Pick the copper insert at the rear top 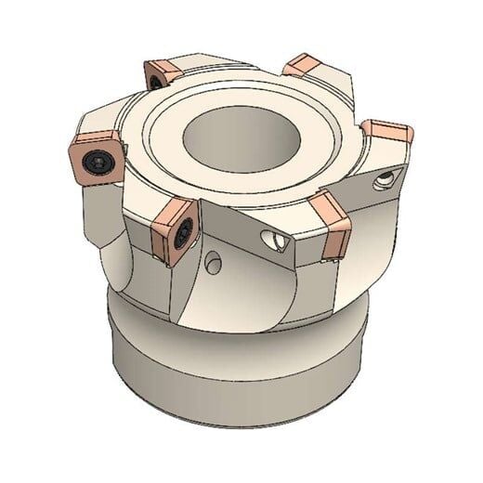pyautogui.click(x=307, y=68)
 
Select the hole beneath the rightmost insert pyautogui.click(x=383, y=183)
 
